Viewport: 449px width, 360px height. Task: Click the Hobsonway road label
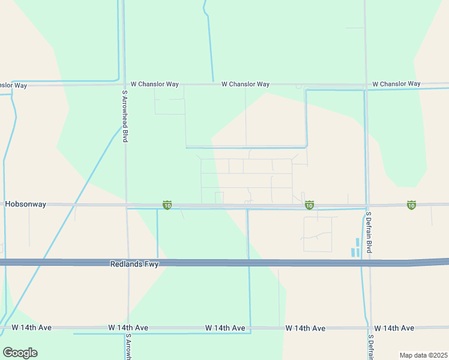pyautogui.click(x=25, y=204)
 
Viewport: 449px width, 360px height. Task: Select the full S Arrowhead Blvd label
pyautogui.click(x=125, y=116)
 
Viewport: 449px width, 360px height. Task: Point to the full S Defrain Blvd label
pyautogui.click(x=369, y=231)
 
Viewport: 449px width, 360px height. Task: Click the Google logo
pyautogui.click(x=20, y=353)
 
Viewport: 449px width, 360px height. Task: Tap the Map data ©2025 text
pyautogui.click(x=423, y=355)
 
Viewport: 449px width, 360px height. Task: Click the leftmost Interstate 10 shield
pyautogui.click(x=167, y=205)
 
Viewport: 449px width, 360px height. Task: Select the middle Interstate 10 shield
pyautogui.click(x=309, y=205)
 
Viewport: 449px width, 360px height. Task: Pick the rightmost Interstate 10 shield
pyautogui.click(x=411, y=205)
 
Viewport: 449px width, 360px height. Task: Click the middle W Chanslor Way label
pyautogui.click(x=245, y=85)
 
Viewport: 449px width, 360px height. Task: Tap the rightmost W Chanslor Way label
pyautogui.click(x=396, y=84)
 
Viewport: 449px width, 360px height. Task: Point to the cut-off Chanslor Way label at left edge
pyautogui.click(x=13, y=86)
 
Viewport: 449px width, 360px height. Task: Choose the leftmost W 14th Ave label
pyautogui.click(x=32, y=328)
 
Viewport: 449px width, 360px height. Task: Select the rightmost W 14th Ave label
pyautogui.click(x=394, y=328)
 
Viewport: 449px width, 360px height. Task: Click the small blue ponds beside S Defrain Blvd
pyautogui.click(x=356, y=247)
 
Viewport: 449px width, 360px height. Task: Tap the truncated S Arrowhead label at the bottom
pyautogui.click(x=128, y=347)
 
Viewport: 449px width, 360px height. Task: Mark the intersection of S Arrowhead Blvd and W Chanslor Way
pyautogui.click(x=124, y=85)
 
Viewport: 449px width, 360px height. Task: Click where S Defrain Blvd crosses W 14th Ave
pyautogui.click(x=370, y=328)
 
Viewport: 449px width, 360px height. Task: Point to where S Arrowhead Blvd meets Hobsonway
pyautogui.click(x=126, y=205)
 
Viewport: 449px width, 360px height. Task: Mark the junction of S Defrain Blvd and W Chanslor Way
pyautogui.click(x=366, y=85)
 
